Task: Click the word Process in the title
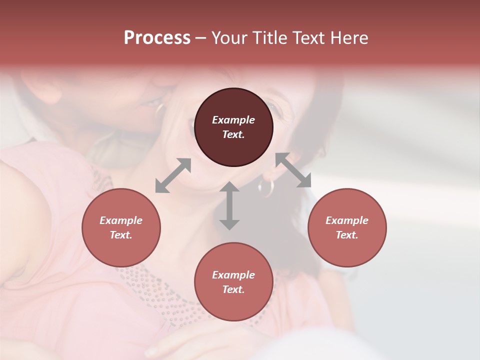pyautogui.click(x=157, y=38)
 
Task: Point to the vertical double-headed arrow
pyautogui.click(x=229, y=205)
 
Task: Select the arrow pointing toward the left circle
pyautogui.click(x=173, y=175)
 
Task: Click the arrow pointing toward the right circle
pyautogui.click(x=293, y=170)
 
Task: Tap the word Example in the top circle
pyautogui.click(x=233, y=120)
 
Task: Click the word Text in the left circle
pyautogui.click(x=121, y=235)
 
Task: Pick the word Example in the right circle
pyautogui.click(x=347, y=220)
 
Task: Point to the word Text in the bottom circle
pyautogui.click(x=233, y=289)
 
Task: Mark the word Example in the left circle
pyautogui.click(x=121, y=220)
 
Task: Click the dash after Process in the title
pyautogui.click(x=201, y=38)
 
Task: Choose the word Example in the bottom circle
pyautogui.click(x=233, y=275)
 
